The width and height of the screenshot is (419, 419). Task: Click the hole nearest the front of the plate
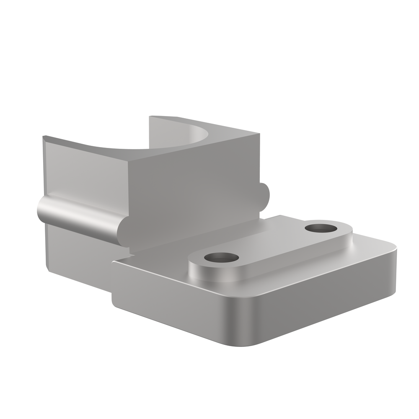click(x=222, y=258)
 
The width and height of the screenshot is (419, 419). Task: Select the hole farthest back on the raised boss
click(x=321, y=228)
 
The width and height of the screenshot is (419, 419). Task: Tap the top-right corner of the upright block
click(x=259, y=135)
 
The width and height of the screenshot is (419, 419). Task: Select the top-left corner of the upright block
click(x=44, y=137)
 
